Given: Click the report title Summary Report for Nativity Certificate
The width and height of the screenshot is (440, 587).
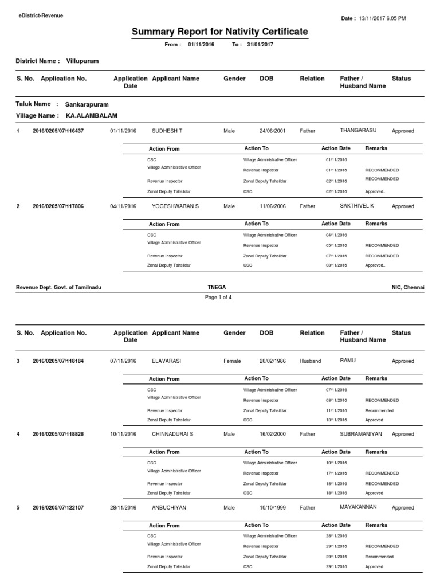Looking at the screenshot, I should tap(219, 32).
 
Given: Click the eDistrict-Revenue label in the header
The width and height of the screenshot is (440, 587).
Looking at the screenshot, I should tap(40, 15).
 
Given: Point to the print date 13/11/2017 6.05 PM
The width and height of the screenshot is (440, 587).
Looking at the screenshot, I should tap(382, 18).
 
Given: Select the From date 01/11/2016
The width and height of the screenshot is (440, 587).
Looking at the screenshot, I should tap(201, 45).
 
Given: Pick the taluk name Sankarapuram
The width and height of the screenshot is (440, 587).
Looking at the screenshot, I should tap(87, 105).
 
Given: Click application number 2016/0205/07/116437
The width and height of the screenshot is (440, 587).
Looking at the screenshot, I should tap(58, 131).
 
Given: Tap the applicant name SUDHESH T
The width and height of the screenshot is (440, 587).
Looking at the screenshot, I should tap(167, 131).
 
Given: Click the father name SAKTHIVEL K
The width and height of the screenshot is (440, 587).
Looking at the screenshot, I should tap(357, 205).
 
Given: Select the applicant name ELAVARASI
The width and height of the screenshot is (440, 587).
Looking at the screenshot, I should tap(166, 361).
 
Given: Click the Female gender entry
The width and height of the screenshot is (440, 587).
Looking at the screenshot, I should tap(232, 361).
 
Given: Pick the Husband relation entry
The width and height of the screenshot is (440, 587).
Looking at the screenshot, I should tap(310, 361).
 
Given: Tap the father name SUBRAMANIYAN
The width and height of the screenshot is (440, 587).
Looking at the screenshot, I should tap(360, 434).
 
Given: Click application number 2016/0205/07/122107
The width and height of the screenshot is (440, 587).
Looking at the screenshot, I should tap(58, 508).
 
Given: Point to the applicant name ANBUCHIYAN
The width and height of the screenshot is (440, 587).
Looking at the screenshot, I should tap(169, 508).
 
